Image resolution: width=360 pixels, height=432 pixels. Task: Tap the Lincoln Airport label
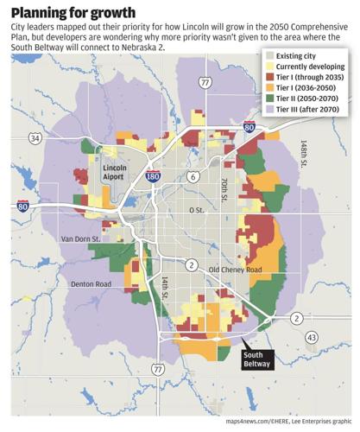(x=120, y=171)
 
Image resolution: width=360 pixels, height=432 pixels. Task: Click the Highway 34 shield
(x=35, y=137)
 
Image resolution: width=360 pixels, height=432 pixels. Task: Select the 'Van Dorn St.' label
(x=80, y=238)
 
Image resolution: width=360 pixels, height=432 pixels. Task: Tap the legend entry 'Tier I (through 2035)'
(x=311, y=79)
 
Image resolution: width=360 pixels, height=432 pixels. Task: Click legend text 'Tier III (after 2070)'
(x=312, y=114)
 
